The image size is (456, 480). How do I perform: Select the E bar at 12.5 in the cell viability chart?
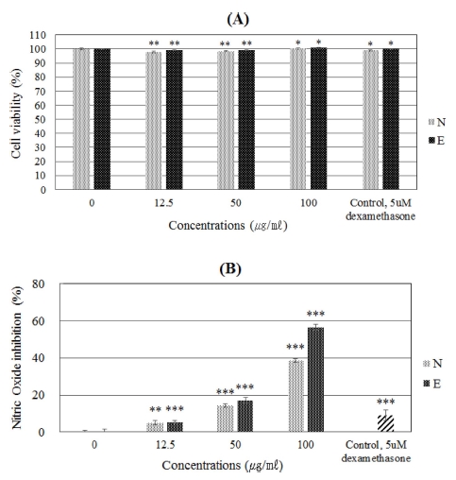pos(174,119)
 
